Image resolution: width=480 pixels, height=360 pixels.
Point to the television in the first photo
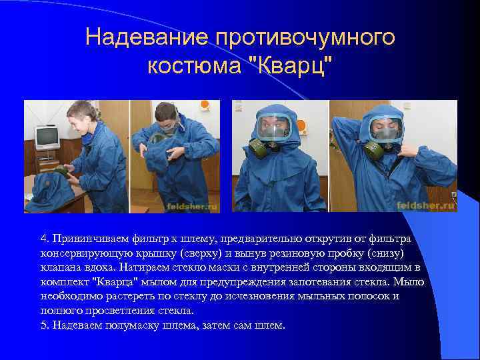47,136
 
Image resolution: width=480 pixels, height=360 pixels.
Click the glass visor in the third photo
274,127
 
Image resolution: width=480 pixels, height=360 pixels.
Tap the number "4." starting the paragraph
45,239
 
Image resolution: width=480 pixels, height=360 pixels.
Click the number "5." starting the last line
45,326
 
